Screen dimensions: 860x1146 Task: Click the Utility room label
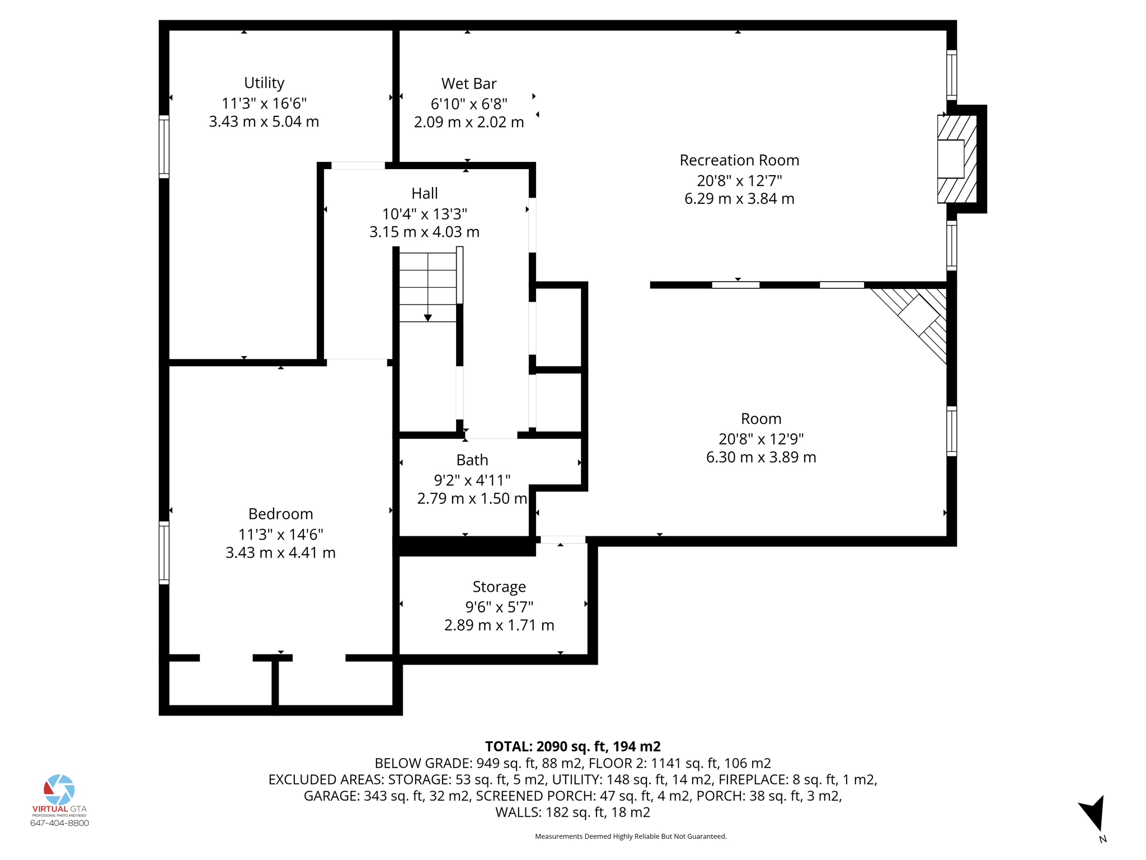coord(264,83)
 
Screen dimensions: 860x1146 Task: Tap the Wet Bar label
coord(468,84)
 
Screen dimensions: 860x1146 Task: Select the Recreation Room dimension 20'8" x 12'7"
coord(739,180)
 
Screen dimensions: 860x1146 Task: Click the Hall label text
coord(424,194)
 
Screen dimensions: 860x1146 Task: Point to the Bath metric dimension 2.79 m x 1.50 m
coord(472,498)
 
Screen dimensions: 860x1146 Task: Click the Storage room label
coord(499,587)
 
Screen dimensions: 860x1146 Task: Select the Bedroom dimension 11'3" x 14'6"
coord(280,534)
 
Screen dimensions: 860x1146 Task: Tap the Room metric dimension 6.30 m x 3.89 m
coord(760,457)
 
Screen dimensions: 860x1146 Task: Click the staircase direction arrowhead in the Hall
coord(428,318)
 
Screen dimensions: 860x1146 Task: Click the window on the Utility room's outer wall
coord(164,147)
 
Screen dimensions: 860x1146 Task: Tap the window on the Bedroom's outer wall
coord(164,553)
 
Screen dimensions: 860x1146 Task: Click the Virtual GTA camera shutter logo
coord(59,789)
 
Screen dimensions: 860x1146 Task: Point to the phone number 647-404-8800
coord(59,823)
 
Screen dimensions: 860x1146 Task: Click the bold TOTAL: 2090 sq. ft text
coord(572,746)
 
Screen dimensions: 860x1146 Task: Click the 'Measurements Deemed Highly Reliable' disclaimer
coord(630,836)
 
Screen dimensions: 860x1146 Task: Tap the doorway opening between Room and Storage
coord(562,540)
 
